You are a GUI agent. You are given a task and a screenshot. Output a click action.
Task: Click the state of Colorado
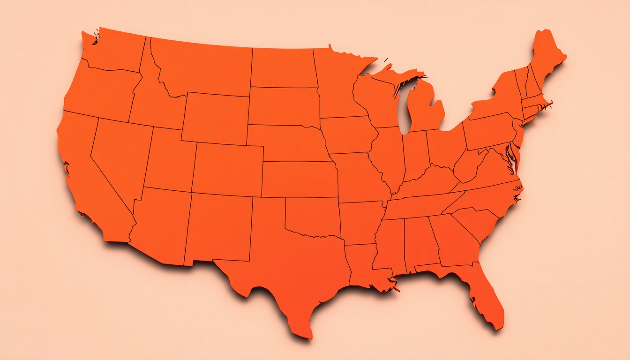(227, 169)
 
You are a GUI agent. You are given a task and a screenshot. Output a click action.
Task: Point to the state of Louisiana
(363, 265)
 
